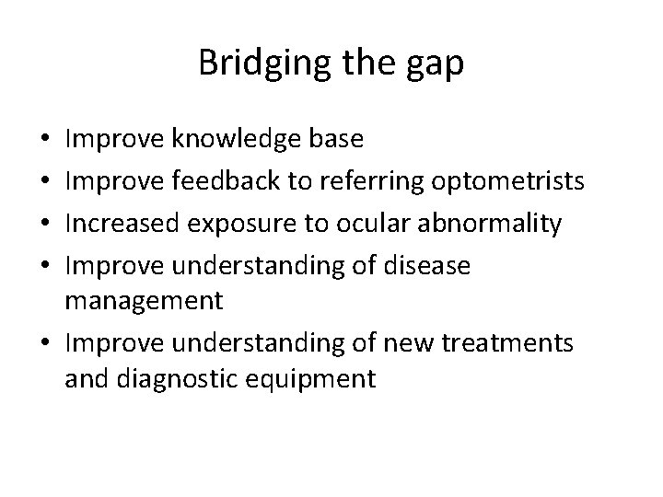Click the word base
click(337, 140)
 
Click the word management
click(144, 299)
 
